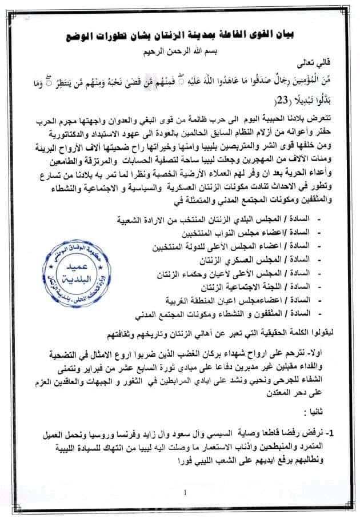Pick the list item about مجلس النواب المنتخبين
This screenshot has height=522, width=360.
(249, 233)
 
